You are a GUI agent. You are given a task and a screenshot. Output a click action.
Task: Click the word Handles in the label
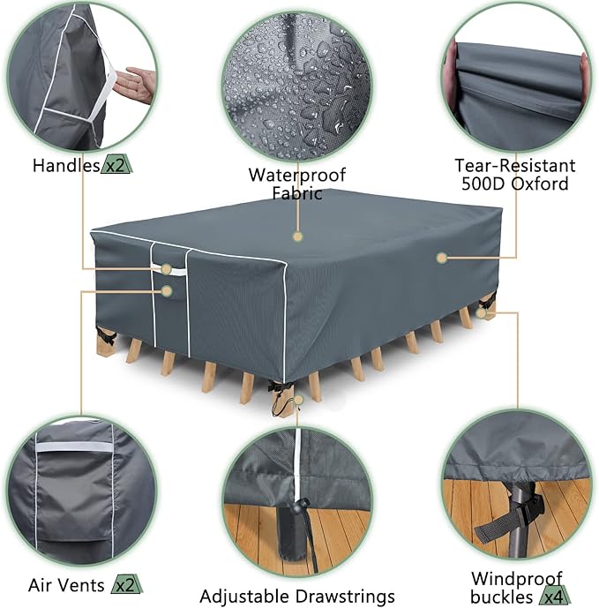[x=67, y=165]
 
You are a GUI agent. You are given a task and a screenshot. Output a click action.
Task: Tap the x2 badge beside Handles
[x=117, y=165]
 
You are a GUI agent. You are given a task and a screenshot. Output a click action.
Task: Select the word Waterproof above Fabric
[x=296, y=174]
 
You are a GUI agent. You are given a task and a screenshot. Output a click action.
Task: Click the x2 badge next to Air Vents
[x=124, y=584]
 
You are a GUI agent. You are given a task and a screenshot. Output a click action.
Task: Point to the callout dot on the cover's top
[x=297, y=236]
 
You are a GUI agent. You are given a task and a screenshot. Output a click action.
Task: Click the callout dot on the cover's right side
[x=440, y=258]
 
